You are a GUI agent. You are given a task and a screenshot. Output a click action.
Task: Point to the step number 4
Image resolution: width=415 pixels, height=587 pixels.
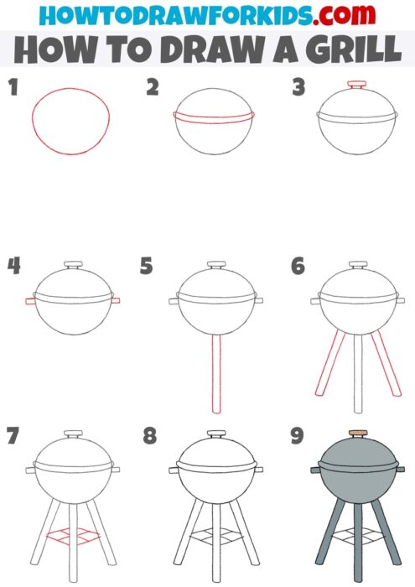13,266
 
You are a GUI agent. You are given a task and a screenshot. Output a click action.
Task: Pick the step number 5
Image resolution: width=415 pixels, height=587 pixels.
148,267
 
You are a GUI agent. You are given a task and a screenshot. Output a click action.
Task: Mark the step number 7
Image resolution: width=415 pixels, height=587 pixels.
12,436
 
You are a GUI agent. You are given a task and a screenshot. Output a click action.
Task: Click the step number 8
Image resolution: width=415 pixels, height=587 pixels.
149,436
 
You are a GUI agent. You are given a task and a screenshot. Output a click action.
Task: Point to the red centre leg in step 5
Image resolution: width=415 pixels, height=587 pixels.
217,373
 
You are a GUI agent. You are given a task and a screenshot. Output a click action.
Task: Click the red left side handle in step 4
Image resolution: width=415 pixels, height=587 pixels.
30,299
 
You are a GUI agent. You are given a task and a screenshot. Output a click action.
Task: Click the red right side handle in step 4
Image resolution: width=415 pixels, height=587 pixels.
115,299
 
